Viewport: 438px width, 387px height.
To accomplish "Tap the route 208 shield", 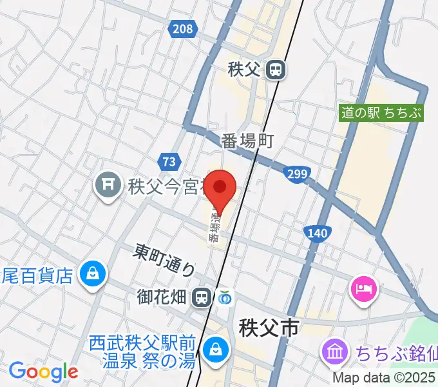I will [183, 29].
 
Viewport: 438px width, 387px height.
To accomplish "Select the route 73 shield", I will [169, 161].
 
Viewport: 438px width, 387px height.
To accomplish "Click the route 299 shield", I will [298, 174].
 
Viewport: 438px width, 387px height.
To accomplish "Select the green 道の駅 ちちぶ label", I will [382, 113].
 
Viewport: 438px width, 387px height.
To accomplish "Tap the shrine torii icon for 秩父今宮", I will [106, 187].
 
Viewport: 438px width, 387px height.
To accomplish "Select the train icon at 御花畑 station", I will [202, 297].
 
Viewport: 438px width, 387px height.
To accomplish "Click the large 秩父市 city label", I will [269, 328].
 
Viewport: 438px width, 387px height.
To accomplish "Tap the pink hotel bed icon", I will [363, 288].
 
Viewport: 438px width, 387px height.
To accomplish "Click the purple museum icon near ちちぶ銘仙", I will [335, 352].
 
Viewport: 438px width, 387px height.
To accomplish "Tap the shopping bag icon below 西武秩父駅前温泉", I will [213, 350].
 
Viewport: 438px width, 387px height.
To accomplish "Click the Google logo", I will [43, 372].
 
